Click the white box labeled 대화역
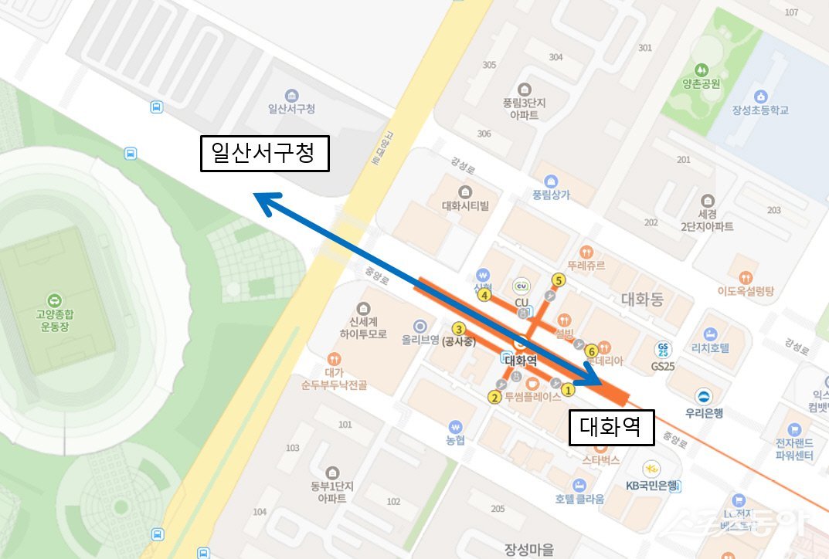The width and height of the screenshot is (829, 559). point(611,427)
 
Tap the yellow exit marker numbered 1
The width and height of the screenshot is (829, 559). point(568,389)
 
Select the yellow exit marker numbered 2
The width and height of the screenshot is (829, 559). point(494,398)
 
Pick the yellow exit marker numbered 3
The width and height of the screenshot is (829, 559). point(458,328)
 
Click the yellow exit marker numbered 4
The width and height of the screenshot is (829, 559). point(485,294)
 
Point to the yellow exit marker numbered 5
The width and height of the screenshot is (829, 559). point(559,280)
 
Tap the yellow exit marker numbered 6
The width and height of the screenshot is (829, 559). point(592,350)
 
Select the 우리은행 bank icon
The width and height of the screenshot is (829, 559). point(705,397)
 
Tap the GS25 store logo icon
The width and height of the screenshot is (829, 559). point(662,350)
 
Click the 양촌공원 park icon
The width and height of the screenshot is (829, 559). point(702,69)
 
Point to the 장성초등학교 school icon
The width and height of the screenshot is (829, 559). point(761,96)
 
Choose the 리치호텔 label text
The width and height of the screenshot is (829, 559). point(710,347)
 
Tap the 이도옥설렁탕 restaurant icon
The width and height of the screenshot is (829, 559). point(745,276)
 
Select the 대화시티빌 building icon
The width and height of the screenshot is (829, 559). point(465,191)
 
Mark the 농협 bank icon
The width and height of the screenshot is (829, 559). point(456,425)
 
